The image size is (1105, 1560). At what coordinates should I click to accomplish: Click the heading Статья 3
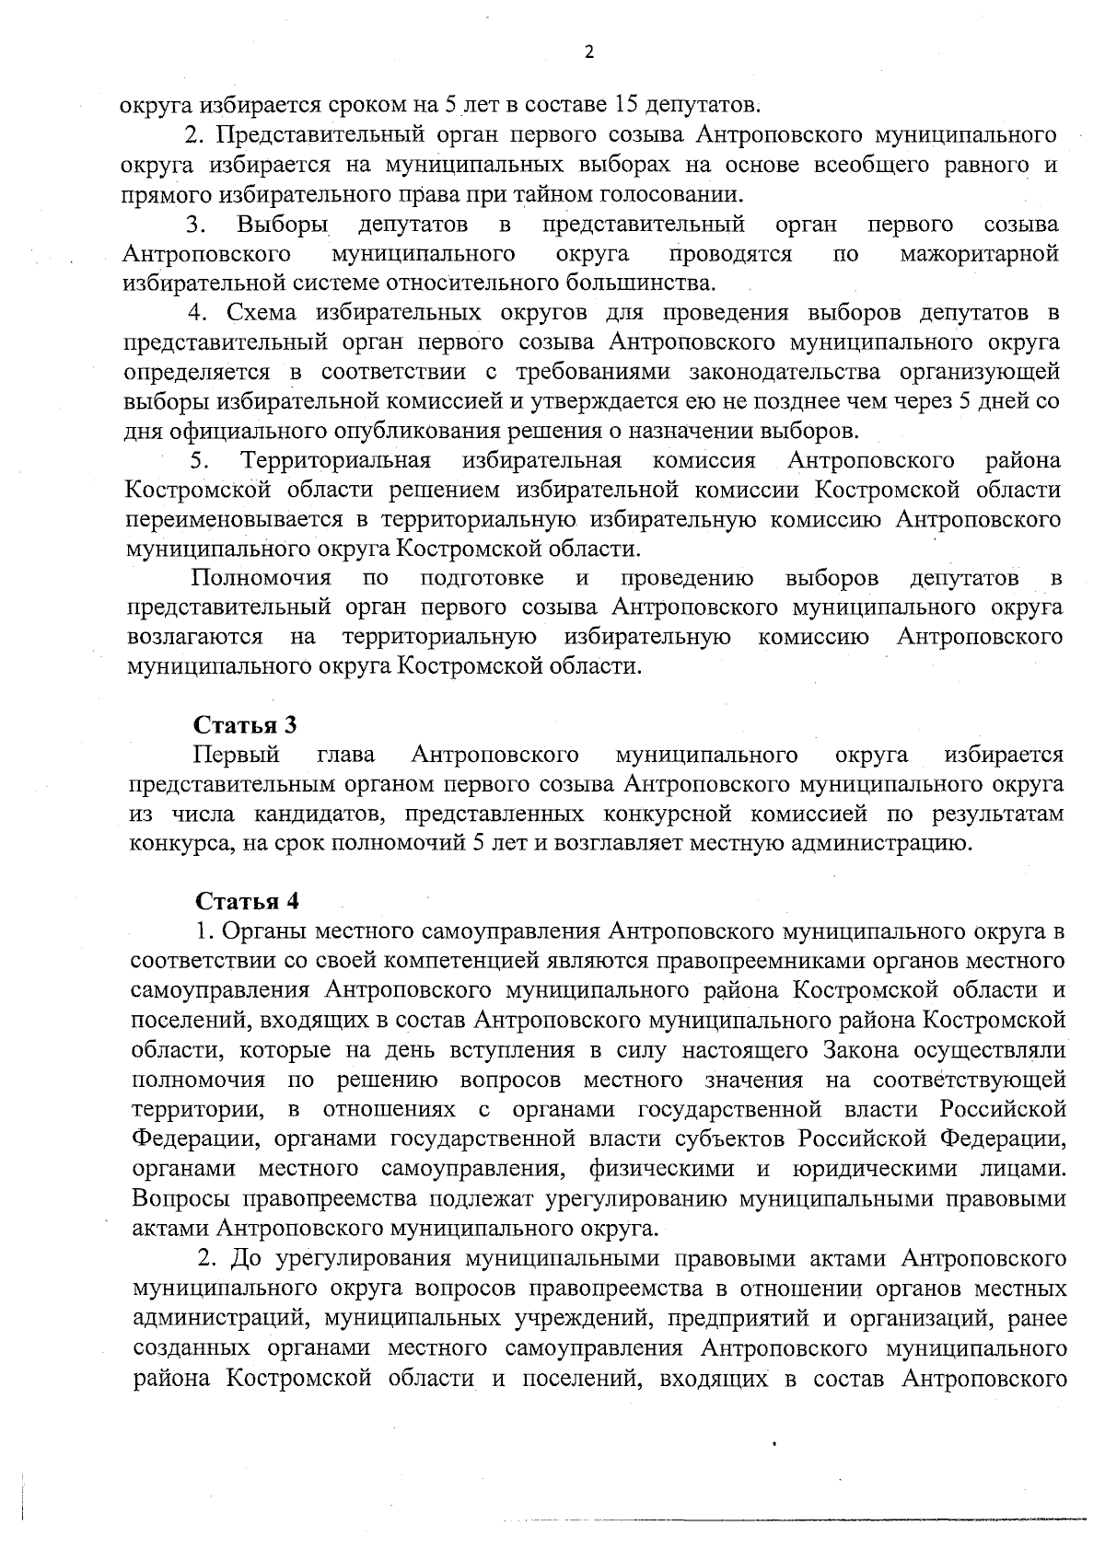[246, 724]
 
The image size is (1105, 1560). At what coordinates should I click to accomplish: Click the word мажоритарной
[979, 253]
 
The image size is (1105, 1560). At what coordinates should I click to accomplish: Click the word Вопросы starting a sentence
[181, 1197]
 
